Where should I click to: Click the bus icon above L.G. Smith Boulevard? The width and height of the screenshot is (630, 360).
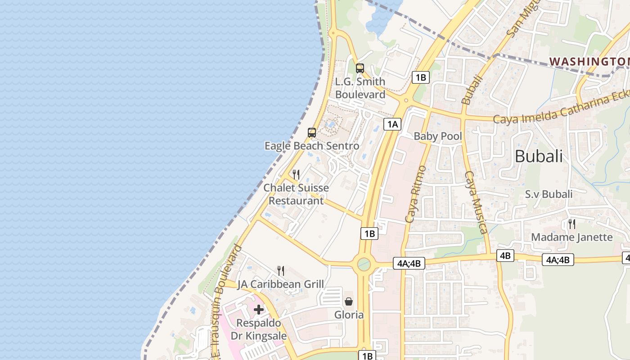(x=360, y=68)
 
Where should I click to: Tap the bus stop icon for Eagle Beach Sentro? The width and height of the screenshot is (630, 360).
(x=312, y=133)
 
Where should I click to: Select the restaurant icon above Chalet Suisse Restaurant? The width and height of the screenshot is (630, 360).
(x=296, y=175)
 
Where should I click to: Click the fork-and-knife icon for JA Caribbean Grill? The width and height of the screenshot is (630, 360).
(x=281, y=270)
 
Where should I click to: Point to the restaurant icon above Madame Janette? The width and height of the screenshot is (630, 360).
(x=572, y=224)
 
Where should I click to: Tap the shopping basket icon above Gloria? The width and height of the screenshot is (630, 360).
(x=349, y=301)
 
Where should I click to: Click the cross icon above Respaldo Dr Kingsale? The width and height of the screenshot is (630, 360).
(x=259, y=310)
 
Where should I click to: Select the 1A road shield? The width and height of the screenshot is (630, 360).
(x=392, y=124)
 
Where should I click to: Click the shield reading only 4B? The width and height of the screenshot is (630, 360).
(x=505, y=256)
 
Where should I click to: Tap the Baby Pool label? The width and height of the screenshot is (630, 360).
(x=438, y=136)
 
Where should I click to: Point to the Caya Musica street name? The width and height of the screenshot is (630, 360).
(x=476, y=202)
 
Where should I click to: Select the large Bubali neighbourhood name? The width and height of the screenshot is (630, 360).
(x=539, y=156)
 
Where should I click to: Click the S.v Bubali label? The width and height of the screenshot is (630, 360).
(x=549, y=194)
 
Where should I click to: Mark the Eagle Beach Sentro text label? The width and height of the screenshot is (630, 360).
(x=312, y=146)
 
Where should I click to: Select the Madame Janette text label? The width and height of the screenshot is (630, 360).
(x=572, y=237)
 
